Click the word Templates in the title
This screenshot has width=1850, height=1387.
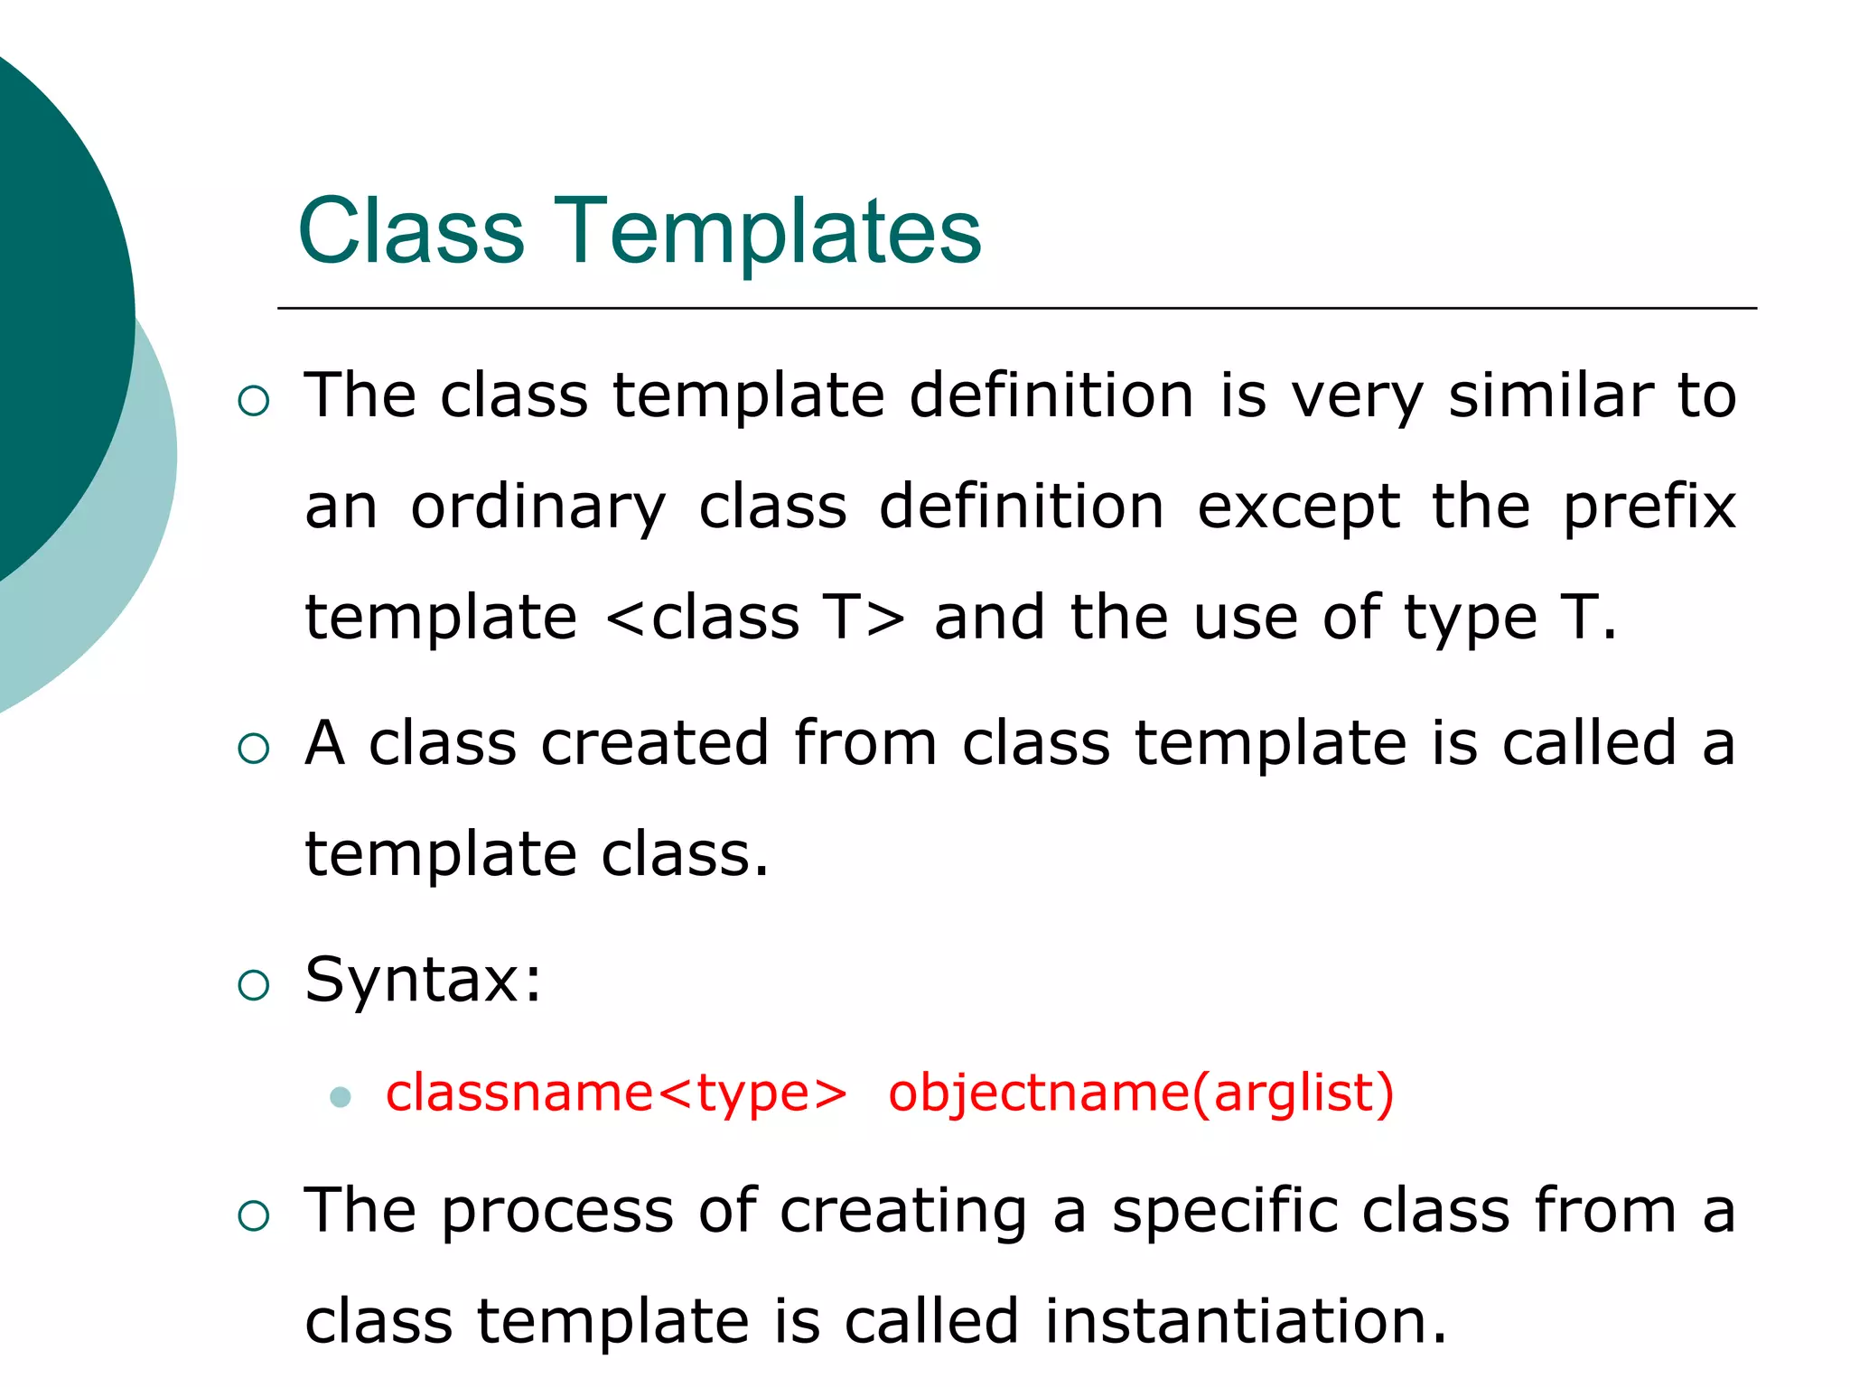(x=768, y=232)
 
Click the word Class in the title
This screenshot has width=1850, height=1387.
(x=411, y=232)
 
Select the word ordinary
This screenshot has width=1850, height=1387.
(x=538, y=507)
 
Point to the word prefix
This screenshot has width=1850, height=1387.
(x=1649, y=507)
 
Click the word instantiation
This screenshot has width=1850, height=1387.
(x=1247, y=1321)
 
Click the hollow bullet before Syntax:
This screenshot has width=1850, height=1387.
(x=254, y=985)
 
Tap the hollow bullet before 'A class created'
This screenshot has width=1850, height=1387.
(x=254, y=749)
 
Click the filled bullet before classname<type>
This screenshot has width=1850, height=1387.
(x=341, y=1097)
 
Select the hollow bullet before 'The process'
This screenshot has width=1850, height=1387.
(x=254, y=1215)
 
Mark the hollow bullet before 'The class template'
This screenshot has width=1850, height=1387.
(x=254, y=401)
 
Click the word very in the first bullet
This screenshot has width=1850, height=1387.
(x=1357, y=397)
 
